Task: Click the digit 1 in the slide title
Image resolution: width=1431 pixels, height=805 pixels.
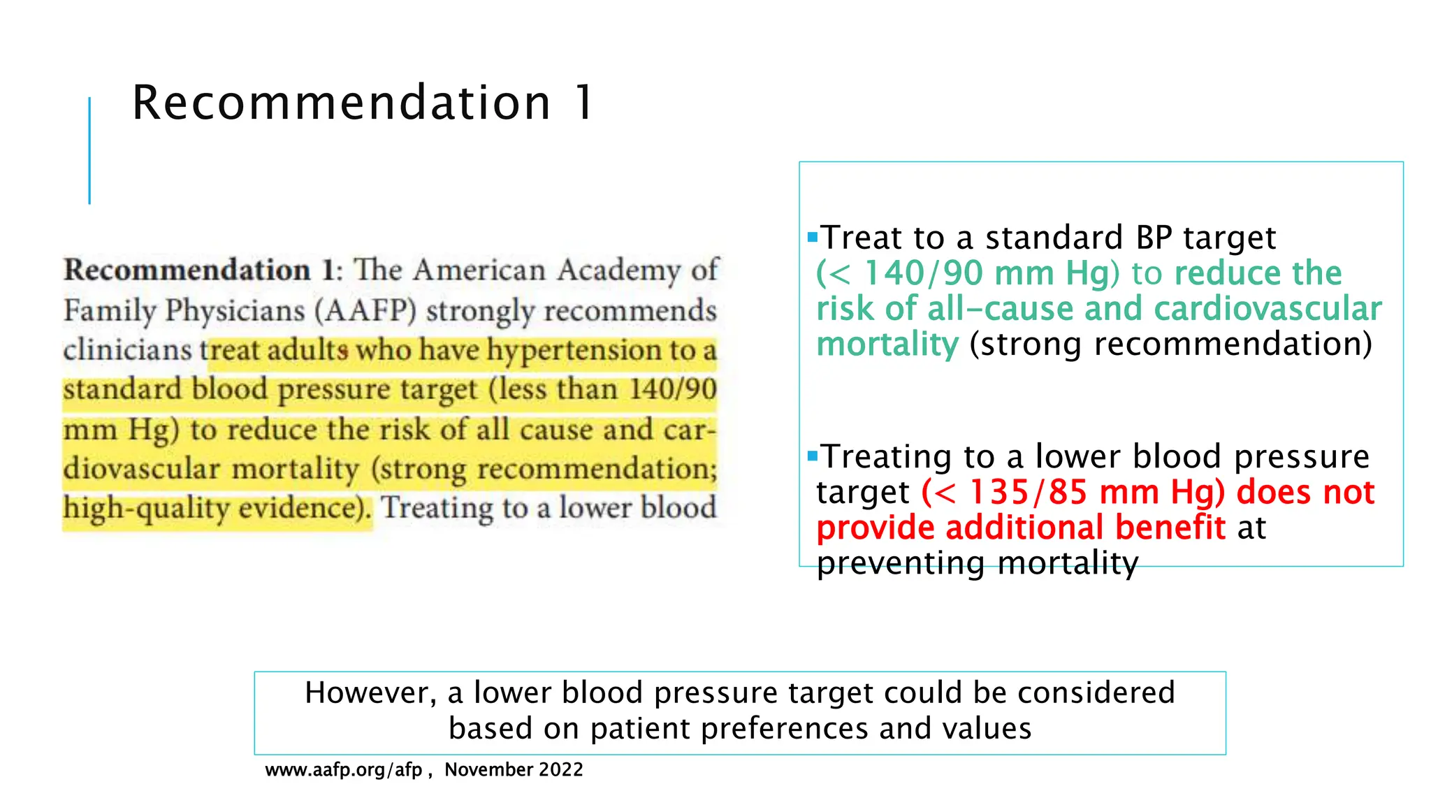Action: coord(583,103)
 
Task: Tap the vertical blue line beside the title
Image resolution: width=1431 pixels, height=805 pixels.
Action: coord(89,150)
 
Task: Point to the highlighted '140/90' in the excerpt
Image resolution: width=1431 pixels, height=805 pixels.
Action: coord(673,389)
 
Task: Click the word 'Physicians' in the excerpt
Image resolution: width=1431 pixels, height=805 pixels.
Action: coord(235,310)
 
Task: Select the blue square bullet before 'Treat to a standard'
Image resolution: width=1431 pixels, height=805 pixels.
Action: coord(812,237)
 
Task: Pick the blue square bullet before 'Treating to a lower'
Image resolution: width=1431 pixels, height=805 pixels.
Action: coord(812,456)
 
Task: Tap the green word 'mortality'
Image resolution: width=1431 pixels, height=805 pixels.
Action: coord(887,345)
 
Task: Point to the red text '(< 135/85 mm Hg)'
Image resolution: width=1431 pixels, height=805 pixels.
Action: coord(1073,492)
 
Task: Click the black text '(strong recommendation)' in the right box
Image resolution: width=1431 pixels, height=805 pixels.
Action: coord(1170,345)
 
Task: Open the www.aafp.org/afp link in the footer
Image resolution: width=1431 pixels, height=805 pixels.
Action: coord(344,770)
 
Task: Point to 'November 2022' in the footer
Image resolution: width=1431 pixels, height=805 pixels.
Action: coord(514,770)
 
